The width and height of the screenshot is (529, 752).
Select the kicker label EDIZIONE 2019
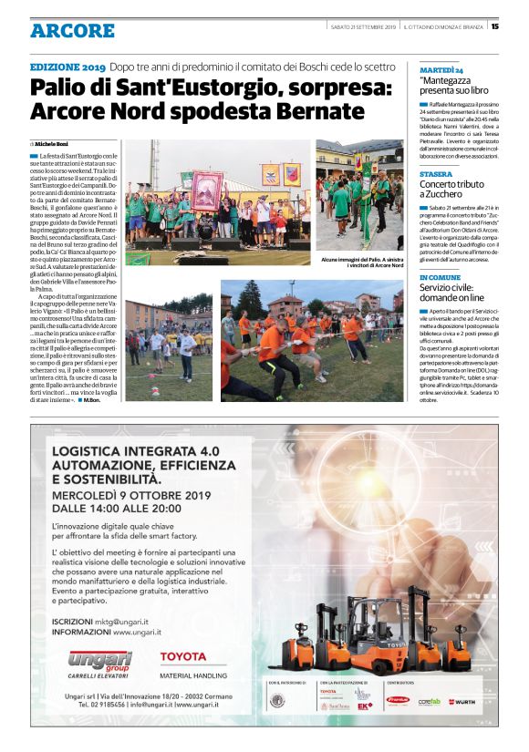[67, 68]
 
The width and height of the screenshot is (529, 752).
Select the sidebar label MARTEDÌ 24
[441, 69]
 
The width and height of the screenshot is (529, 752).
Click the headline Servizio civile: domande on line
[453, 294]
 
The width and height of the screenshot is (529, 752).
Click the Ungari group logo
[99, 663]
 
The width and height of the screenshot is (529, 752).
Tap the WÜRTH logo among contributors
[462, 702]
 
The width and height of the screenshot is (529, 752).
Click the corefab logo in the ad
[429, 702]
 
